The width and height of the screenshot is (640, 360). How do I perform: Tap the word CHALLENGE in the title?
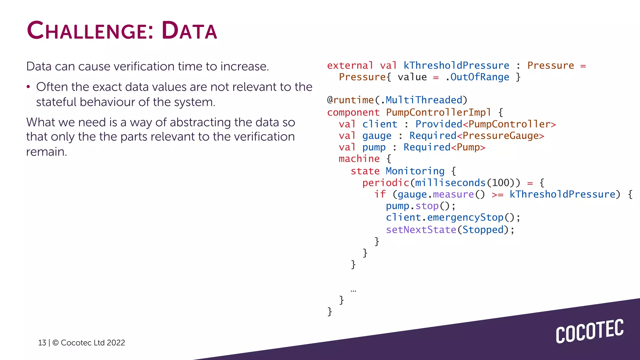[86, 31]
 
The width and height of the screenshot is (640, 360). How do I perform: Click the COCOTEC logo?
[589, 331]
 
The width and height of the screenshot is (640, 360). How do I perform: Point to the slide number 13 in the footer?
[42, 343]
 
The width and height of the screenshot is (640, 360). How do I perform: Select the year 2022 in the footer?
[116, 343]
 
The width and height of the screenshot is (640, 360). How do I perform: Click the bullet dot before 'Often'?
[28, 87]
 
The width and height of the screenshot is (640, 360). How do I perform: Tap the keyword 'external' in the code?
[350, 66]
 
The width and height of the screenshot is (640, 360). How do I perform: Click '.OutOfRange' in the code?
[477, 77]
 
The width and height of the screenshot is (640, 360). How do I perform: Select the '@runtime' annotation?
[350, 100]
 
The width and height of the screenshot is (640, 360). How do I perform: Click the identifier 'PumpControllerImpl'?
[438, 112]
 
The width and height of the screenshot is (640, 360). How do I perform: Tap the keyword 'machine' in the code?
[359, 159]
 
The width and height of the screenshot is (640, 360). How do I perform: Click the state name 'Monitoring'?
[415, 171]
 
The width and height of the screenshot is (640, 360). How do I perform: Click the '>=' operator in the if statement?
[497, 195]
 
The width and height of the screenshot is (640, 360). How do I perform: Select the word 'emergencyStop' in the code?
[465, 217]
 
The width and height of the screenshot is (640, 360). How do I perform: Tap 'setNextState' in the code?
[421, 230]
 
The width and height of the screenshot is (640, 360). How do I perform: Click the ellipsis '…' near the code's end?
[353, 291]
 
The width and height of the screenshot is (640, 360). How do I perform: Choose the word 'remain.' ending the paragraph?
[47, 152]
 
